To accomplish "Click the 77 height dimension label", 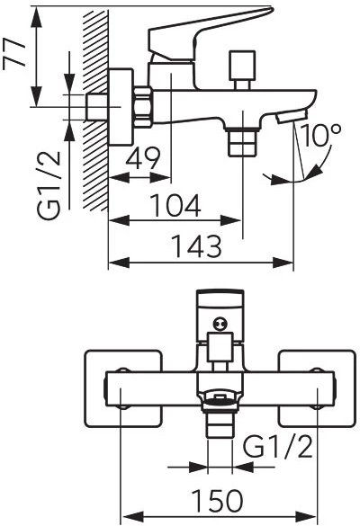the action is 14,53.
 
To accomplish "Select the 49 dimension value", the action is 143,158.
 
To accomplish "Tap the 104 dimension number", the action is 175,205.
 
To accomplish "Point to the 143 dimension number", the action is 197,246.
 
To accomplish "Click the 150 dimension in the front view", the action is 217,501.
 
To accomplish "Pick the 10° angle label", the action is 320,136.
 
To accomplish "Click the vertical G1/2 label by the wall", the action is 49,185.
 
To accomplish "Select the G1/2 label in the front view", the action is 277,447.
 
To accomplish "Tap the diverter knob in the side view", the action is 241,70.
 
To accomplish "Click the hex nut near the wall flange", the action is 143,107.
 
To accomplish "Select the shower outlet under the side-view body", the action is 242,142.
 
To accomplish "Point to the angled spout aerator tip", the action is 292,116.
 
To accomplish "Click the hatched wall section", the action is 96,111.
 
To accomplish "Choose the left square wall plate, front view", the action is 123,388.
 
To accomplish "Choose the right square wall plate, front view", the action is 317,388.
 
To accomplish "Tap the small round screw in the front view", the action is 220,324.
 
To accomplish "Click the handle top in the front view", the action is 220,299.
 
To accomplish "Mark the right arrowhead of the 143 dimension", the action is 283,263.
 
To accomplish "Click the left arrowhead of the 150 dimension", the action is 131,517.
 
